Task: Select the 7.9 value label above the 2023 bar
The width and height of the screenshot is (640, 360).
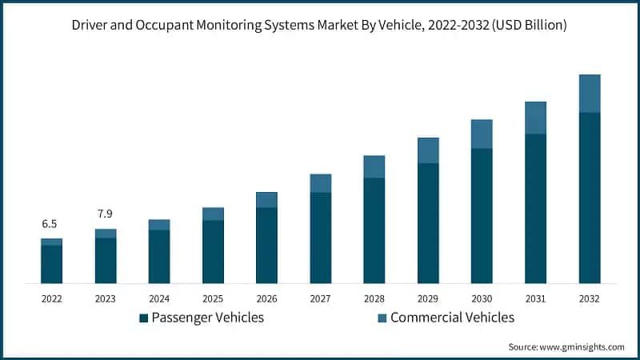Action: pyautogui.click(x=106, y=214)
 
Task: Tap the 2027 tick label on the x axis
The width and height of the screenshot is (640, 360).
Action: pyautogui.click(x=320, y=298)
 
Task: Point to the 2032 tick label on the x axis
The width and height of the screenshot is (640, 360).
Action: pyautogui.click(x=589, y=298)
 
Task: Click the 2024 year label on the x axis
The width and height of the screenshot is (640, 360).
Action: pyautogui.click(x=159, y=298)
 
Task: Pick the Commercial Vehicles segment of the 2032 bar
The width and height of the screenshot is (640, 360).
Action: pyautogui.click(x=590, y=94)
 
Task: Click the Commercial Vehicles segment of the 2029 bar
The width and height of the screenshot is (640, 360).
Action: pyautogui.click(x=428, y=150)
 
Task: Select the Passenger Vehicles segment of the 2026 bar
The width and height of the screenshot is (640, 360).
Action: pyautogui.click(x=266, y=245)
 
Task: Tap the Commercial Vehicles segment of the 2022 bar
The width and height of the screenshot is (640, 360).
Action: pyautogui.click(x=51, y=242)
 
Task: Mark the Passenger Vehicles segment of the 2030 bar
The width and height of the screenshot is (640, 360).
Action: pyautogui.click(x=482, y=215)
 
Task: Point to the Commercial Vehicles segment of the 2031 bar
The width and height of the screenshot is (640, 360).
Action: pyautogui.click(x=535, y=118)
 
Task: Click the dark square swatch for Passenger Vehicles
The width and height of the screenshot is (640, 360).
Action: pyautogui.click(x=143, y=318)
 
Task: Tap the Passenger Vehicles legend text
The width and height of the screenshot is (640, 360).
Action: pyautogui.click(x=207, y=318)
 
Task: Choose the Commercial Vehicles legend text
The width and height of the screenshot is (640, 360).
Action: pyautogui.click(x=452, y=318)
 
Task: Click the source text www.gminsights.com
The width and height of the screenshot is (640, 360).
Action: pyautogui.click(x=583, y=346)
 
